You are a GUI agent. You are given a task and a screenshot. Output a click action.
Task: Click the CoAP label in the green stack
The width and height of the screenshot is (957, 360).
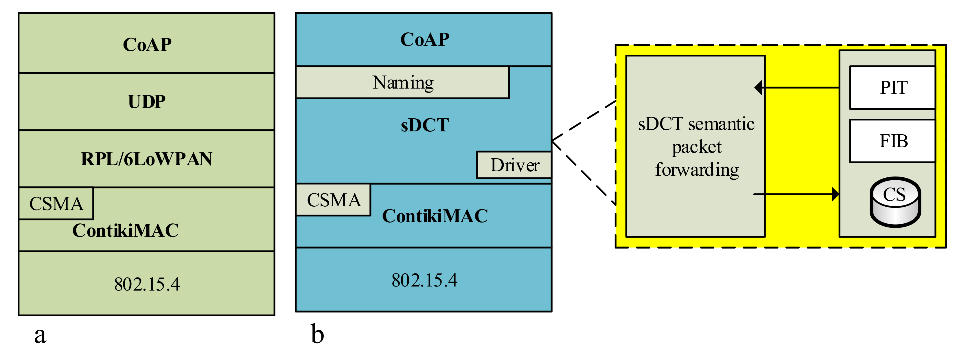147,45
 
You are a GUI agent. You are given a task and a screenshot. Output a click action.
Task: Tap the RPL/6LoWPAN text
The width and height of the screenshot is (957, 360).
147,159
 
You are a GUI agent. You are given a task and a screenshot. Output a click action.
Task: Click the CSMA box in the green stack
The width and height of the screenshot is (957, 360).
56,204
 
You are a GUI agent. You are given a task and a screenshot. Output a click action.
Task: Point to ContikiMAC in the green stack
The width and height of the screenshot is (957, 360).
126,230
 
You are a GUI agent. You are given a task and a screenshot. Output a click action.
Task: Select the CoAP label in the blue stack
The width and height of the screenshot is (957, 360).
425,39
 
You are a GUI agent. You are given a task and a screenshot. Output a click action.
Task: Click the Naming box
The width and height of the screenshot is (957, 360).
403,82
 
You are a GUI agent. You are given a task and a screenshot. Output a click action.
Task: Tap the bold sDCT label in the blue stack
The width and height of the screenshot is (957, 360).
425,125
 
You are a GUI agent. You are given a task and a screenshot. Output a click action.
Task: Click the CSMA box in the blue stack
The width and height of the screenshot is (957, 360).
334,200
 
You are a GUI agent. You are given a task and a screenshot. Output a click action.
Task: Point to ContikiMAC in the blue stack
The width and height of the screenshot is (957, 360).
435,216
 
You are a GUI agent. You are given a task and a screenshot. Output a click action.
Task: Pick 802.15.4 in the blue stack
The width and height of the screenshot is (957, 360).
424,280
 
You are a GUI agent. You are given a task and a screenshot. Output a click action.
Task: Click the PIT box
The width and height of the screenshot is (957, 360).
893,88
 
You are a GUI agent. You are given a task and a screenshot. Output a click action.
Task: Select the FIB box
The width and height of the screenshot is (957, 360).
893,141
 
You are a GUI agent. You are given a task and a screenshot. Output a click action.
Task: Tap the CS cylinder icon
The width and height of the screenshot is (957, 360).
895,202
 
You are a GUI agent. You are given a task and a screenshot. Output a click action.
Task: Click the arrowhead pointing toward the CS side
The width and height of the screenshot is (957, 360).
835,194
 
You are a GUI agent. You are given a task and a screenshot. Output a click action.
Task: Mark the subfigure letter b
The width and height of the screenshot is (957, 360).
317,334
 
